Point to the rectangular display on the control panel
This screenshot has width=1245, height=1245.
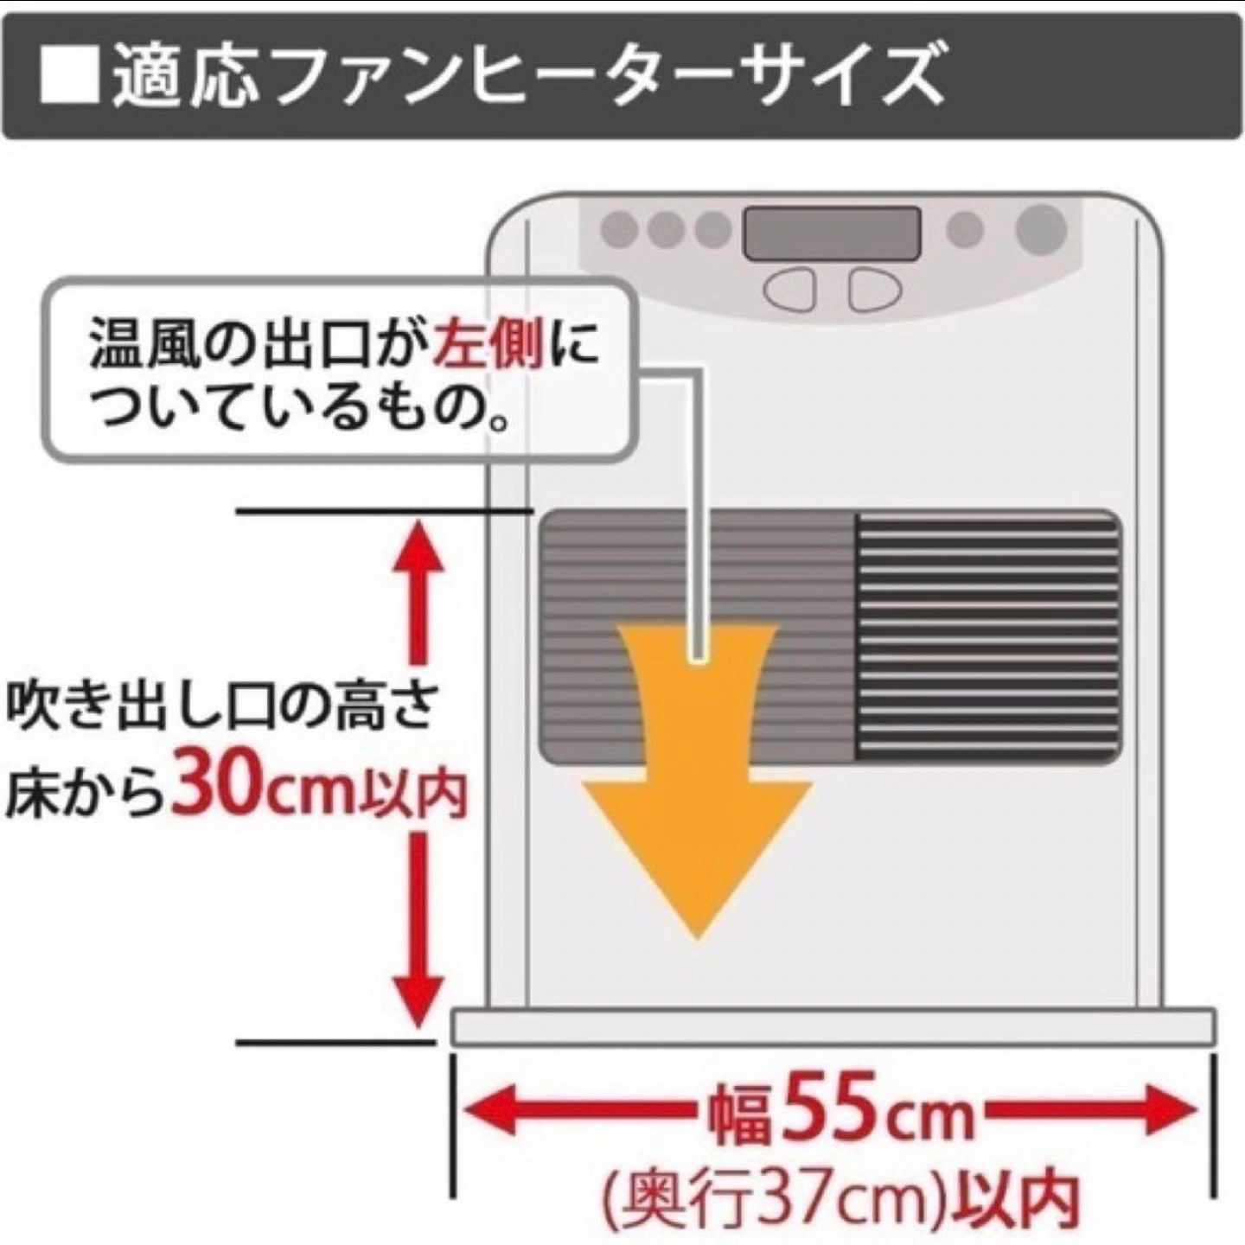click(832, 233)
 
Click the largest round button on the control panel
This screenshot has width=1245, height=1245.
click(1040, 228)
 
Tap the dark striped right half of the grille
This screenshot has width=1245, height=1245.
click(988, 636)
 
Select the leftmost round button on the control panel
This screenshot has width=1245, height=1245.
click(619, 228)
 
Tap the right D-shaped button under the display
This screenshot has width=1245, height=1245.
click(875, 289)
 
